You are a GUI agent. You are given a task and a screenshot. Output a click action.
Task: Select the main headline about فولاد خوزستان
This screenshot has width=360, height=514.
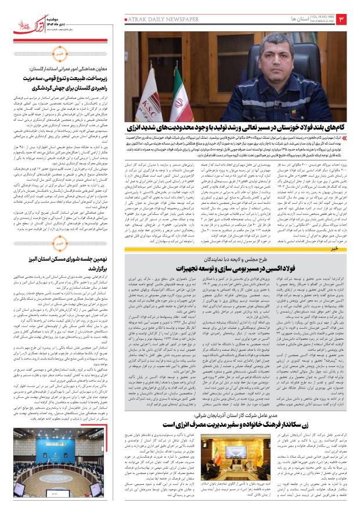(240, 143)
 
